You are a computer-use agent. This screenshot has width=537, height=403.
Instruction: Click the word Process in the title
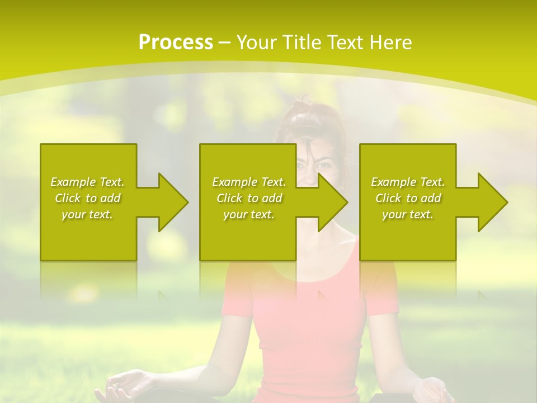pos(176,43)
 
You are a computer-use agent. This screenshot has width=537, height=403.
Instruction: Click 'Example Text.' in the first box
pos(87,181)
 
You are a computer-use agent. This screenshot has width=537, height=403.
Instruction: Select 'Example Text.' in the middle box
pos(249,181)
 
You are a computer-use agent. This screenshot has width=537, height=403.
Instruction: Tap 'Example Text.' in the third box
pos(408,181)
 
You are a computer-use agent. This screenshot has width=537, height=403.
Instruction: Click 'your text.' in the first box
pos(87,214)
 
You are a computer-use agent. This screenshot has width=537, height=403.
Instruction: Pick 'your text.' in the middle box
pos(249,214)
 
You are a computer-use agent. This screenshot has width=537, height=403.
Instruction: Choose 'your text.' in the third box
pos(408,214)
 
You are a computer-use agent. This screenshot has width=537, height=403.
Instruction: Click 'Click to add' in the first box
pos(87,198)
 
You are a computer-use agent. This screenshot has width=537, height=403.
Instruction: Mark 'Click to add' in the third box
pos(408,198)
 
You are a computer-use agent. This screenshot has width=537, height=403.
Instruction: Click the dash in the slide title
pos(225,43)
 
